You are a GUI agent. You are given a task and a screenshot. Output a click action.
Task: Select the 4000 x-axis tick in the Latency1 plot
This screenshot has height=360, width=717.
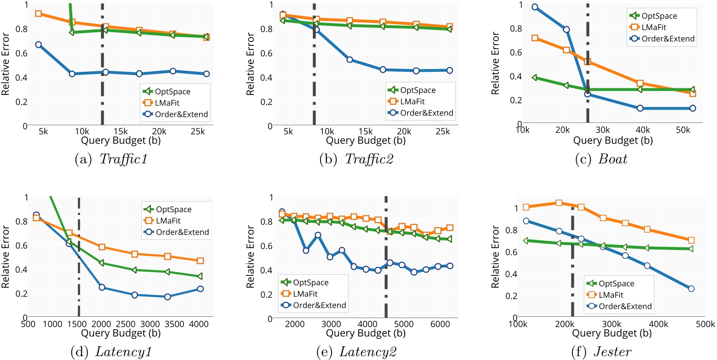tap(196, 324)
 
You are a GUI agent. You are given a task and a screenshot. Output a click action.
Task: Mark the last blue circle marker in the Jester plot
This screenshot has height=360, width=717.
tap(691, 289)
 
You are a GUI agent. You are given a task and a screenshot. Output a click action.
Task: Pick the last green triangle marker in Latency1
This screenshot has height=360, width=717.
tap(200, 276)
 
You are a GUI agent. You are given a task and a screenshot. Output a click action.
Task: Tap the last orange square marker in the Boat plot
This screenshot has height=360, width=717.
tap(692, 93)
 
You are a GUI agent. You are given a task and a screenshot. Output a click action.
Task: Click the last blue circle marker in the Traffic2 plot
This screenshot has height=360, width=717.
tap(449, 70)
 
